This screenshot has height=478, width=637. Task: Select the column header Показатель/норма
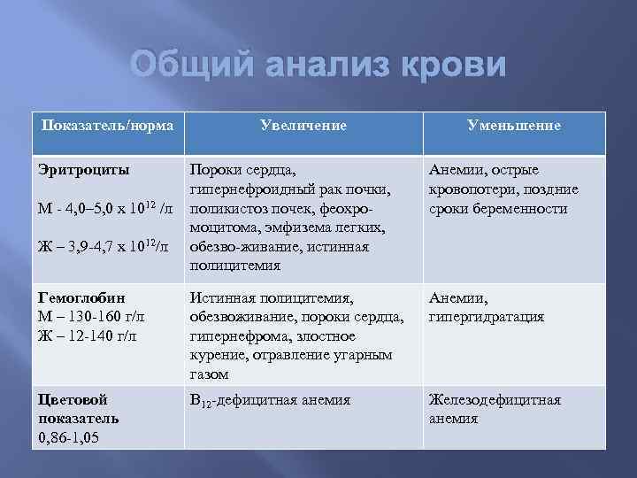click(x=107, y=126)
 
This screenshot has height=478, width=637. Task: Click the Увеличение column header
click(x=303, y=126)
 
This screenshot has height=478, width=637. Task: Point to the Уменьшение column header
click(x=513, y=126)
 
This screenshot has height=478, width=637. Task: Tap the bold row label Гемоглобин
click(x=82, y=299)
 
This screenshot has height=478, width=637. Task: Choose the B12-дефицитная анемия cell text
click(x=270, y=400)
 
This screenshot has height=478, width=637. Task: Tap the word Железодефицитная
click(x=495, y=399)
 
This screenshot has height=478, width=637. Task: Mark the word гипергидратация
click(x=486, y=317)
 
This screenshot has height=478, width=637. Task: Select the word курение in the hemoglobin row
click(x=218, y=355)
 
